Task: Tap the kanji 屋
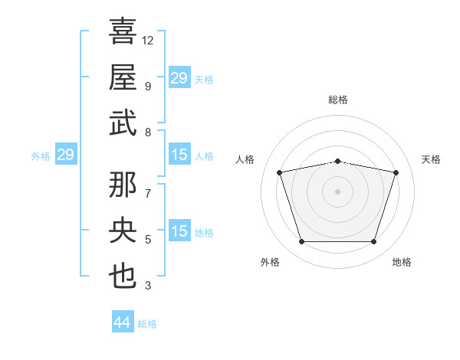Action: [123, 77]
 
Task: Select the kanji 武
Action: [123, 123]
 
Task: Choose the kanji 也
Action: [123, 276]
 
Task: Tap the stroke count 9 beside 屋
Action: [148, 87]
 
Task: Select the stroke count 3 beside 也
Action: [148, 286]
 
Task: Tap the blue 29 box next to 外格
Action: [65, 155]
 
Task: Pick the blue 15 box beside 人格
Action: [179, 155]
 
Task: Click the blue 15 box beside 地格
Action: [179, 231]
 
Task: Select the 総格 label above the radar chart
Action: [338, 100]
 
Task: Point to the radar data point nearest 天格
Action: [396, 172]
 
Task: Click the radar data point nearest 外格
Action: [301, 242]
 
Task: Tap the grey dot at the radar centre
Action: [338, 191]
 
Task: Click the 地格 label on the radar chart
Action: [402, 262]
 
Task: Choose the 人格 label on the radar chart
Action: [245, 159]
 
